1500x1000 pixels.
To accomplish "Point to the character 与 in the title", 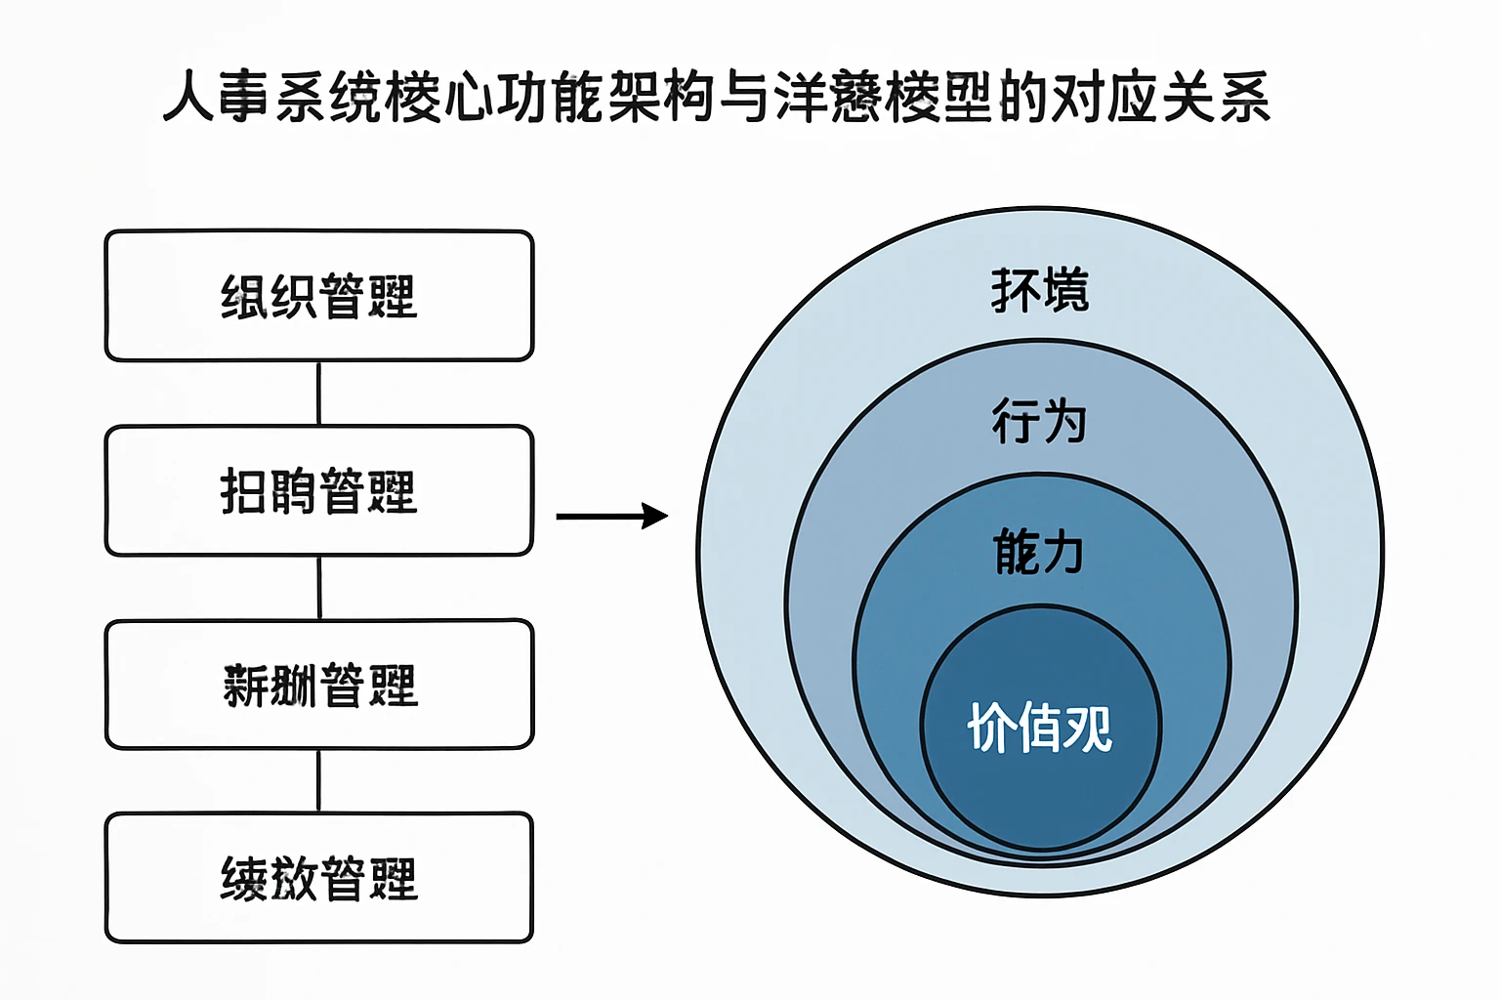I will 744,98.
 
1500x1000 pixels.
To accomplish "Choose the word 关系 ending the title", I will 1216,98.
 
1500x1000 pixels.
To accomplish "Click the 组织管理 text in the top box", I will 319,297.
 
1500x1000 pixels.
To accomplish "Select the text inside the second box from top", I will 319,491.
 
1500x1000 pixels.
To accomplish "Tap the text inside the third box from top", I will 319,685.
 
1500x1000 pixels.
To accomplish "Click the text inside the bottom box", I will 319,878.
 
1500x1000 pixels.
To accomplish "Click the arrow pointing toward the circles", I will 611,516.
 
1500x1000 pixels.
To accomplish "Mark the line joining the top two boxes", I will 319,393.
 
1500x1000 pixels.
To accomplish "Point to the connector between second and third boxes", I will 319,587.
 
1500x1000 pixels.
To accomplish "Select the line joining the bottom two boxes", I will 319,780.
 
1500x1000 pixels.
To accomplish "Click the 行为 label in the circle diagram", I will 1039,421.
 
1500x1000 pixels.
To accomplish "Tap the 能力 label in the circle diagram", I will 1039,552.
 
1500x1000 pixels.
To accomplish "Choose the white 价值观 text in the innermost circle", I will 1040,728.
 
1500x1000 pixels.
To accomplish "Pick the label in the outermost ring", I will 1040,290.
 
